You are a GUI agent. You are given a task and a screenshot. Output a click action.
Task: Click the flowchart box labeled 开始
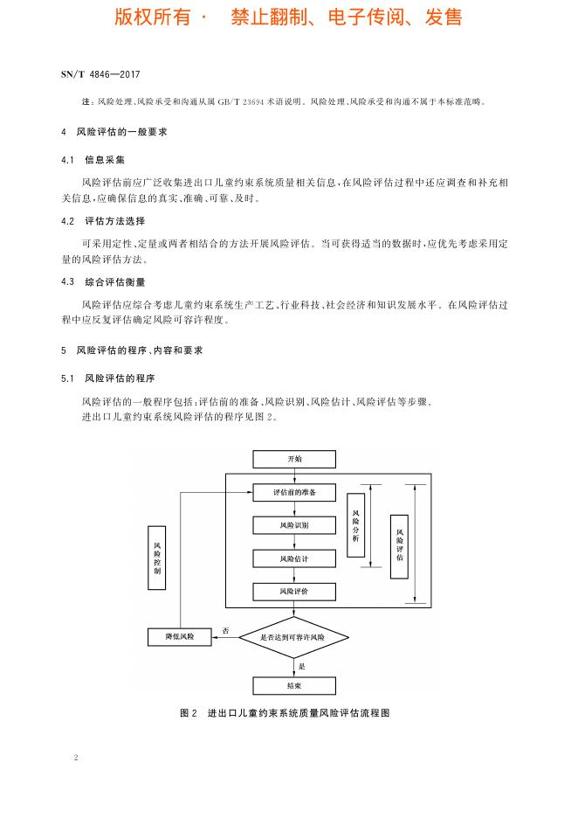pos(294,459)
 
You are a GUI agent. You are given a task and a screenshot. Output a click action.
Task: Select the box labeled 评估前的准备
pos(294,493)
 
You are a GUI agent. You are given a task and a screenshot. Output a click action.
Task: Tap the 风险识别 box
pos(294,525)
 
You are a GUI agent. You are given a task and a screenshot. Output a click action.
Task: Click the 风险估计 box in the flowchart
pos(294,558)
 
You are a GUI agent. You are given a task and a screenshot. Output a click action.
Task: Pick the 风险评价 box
pos(294,592)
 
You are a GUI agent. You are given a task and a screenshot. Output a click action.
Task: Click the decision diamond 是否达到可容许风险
pos(293,637)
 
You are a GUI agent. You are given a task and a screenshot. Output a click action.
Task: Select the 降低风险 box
pos(180,637)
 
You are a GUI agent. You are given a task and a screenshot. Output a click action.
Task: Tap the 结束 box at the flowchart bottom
pos(294,685)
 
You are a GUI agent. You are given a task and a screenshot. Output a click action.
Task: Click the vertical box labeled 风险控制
pos(157,558)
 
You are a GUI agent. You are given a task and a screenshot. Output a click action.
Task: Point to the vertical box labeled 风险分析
pos(356,525)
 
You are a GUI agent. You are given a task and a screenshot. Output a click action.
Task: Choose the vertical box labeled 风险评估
pos(399,546)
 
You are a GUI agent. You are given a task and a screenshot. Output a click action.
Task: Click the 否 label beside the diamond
pos(225,631)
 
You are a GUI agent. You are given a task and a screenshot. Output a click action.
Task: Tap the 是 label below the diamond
pos(301,666)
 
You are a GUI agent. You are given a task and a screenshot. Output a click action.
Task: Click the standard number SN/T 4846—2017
pos(100,74)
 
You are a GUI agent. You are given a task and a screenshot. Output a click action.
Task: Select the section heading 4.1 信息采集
pos(93,160)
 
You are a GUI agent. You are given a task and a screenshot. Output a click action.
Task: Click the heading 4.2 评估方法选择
pos(103,221)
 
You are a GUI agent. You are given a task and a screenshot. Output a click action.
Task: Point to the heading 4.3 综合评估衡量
pos(103,282)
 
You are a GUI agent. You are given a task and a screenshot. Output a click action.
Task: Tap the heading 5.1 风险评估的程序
pos(108,378)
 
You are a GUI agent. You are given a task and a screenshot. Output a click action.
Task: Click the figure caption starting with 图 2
pos(285,713)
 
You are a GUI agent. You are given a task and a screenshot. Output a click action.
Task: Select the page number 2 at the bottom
pos(76,758)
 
